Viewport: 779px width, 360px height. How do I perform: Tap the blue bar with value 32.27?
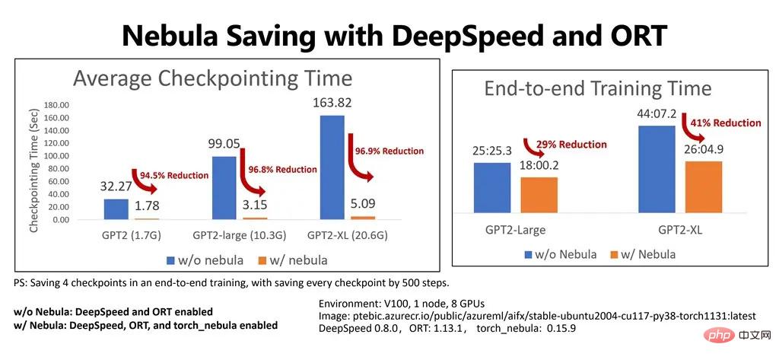(x=116, y=209)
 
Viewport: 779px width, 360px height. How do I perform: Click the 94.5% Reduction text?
(x=173, y=175)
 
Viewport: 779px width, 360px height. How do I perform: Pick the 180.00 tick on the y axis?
(x=58, y=105)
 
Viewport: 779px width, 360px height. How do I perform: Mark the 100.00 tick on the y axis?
(x=58, y=156)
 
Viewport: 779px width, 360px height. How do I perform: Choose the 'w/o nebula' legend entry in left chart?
(x=205, y=260)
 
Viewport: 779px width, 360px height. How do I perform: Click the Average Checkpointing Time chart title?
(x=211, y=78)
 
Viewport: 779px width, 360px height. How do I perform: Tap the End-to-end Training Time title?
(x=598, y=89)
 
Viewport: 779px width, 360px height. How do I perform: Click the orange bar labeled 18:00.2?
(x=539, y=199)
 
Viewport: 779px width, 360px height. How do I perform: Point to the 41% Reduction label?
(x=726, y=123)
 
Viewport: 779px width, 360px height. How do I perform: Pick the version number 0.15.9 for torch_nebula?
(x=564, y=329)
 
